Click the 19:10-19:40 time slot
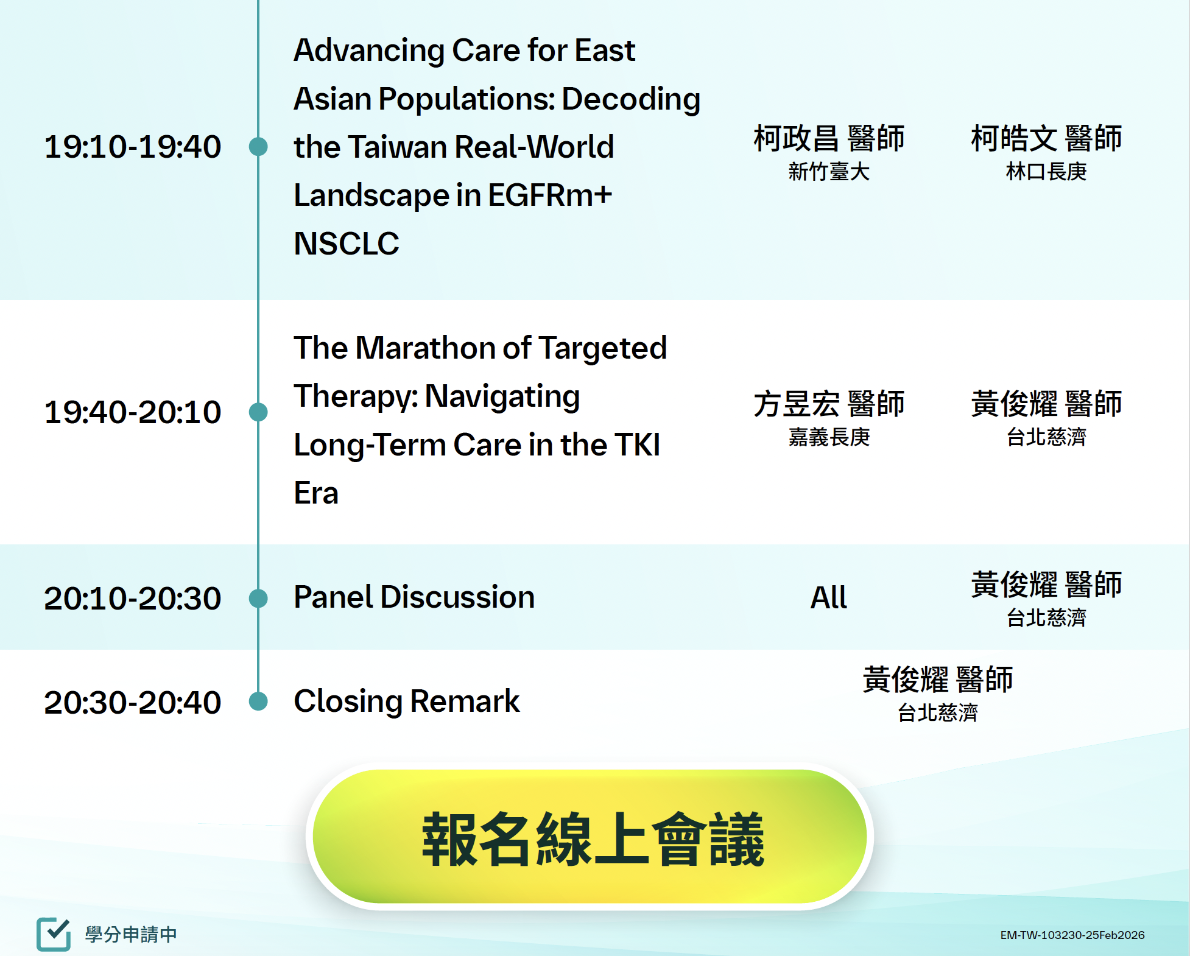point(133,147)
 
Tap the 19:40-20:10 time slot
point(133,412)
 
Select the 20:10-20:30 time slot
point(133,598)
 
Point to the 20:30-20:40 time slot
point(133,702)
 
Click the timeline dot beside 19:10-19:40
point(258,147)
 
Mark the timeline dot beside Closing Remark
point(258,701)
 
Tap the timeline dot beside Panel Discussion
point(258,598)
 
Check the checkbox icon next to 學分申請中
point(54,933)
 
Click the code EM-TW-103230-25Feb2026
point(1072,935)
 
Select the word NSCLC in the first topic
point(347,244)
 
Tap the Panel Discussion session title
point(414,597)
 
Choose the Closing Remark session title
point(407,701)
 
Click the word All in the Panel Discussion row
point(829,597)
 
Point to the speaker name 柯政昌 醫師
point(829,138)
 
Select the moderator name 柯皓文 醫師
point(1046,138)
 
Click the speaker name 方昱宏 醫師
point(829,404)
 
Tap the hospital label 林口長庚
point(1046,172)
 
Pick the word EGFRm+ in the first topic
point(550,195)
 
